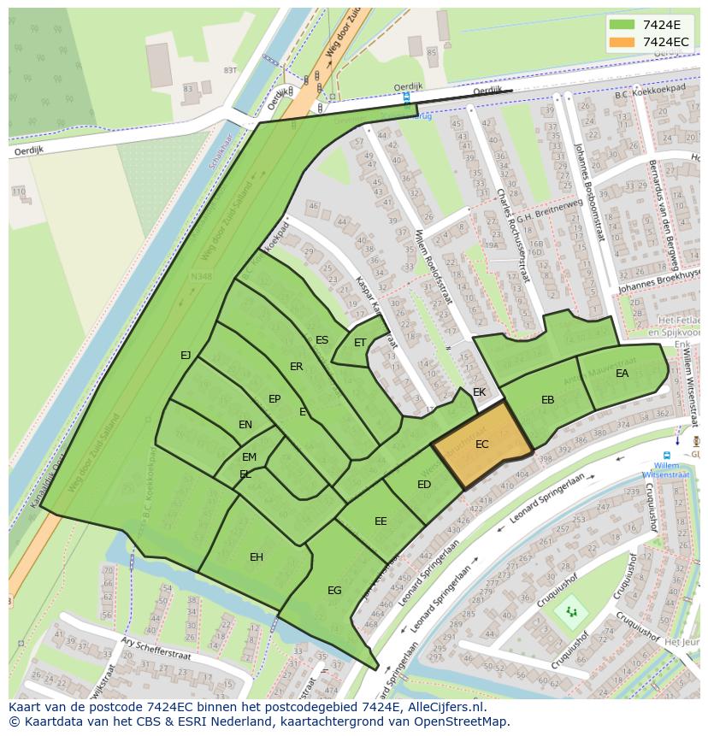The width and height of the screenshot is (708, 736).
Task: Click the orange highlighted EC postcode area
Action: click(x=481, y=445)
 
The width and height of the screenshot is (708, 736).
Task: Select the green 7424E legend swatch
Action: click(x=622, y=25)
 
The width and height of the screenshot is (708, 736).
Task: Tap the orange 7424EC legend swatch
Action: click(x=622, y=42)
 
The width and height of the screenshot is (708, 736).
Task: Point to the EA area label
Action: click(x=622, y=374)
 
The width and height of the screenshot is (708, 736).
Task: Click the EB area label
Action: click(x=547, y=400)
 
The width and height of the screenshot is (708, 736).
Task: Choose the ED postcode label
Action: click(x=424, y=485)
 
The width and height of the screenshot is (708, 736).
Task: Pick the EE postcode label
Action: click(x=381, y=521)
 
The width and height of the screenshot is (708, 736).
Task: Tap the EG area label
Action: click(x=334, y=590)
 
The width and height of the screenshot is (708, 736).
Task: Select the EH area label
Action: click(x=257, y=557)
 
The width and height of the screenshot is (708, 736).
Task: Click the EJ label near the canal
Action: click(x=186, y=355)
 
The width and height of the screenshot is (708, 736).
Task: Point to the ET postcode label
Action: click(x=360, y=343)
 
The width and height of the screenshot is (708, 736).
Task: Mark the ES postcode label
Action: click(x=322, y=340)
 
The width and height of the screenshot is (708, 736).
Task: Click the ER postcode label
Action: click(x=296, y=367)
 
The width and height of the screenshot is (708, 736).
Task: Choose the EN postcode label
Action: click(x=245, y=425)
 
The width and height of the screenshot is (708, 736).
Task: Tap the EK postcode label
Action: click(x=479, y=392)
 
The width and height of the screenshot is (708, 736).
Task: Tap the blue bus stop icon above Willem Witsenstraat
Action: click(x=667, y=455)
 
